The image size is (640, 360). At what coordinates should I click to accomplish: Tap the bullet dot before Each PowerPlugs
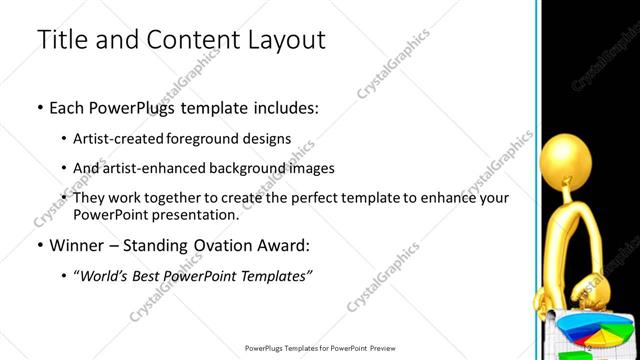tap(39, 107)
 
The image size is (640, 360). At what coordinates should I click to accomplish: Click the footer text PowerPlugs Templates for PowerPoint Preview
tap(321, 348)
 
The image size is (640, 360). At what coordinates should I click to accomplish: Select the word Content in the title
tap(178, 41)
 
